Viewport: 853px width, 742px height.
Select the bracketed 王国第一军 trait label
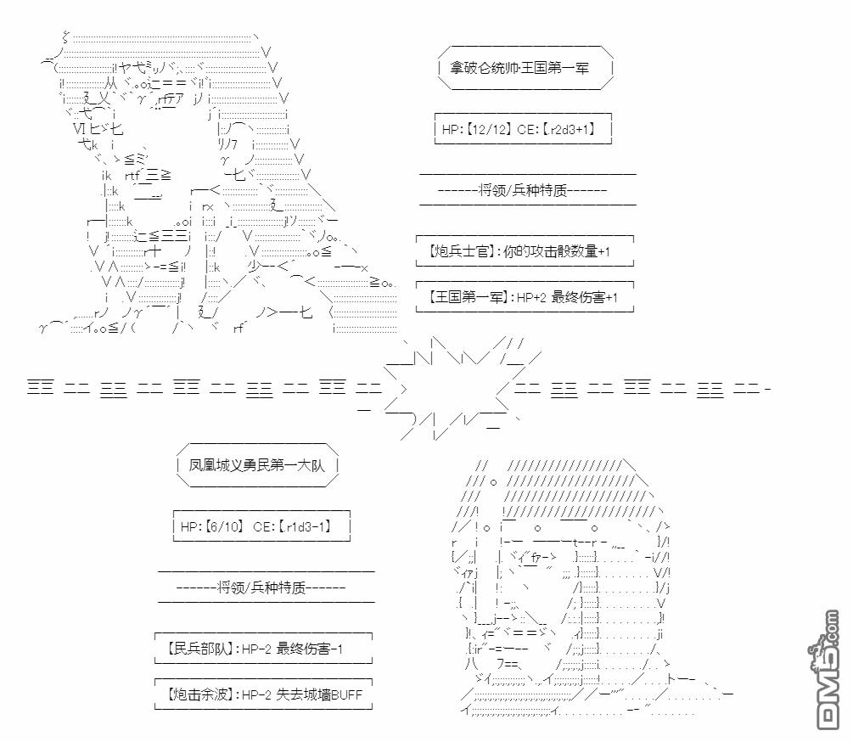(x=461, y=298)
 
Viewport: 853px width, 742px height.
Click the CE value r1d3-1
(x=304, y=527)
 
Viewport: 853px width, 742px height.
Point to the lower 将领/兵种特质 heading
(x=265, y=587)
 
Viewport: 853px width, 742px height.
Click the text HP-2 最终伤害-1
(x=294, y=649)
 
